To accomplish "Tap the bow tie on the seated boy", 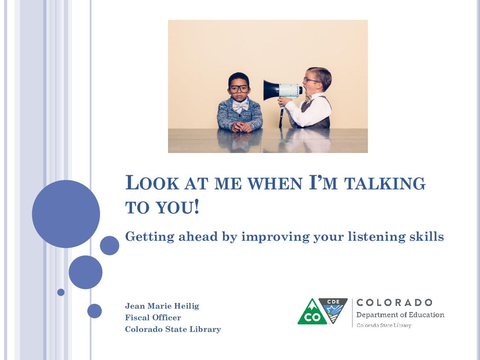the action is coord(240,106).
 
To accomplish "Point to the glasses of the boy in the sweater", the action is coord(239,89).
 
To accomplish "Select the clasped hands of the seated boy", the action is coord(241,127).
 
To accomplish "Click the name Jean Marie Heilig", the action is coord(162,306).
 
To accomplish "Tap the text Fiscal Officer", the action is coord(153,317).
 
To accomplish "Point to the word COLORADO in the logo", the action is coord(394,303).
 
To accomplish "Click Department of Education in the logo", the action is coord(400,315).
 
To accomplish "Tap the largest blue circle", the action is coord(66,214).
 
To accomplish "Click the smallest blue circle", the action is coord(61,292).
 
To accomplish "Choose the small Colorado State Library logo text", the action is coord(384,325).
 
